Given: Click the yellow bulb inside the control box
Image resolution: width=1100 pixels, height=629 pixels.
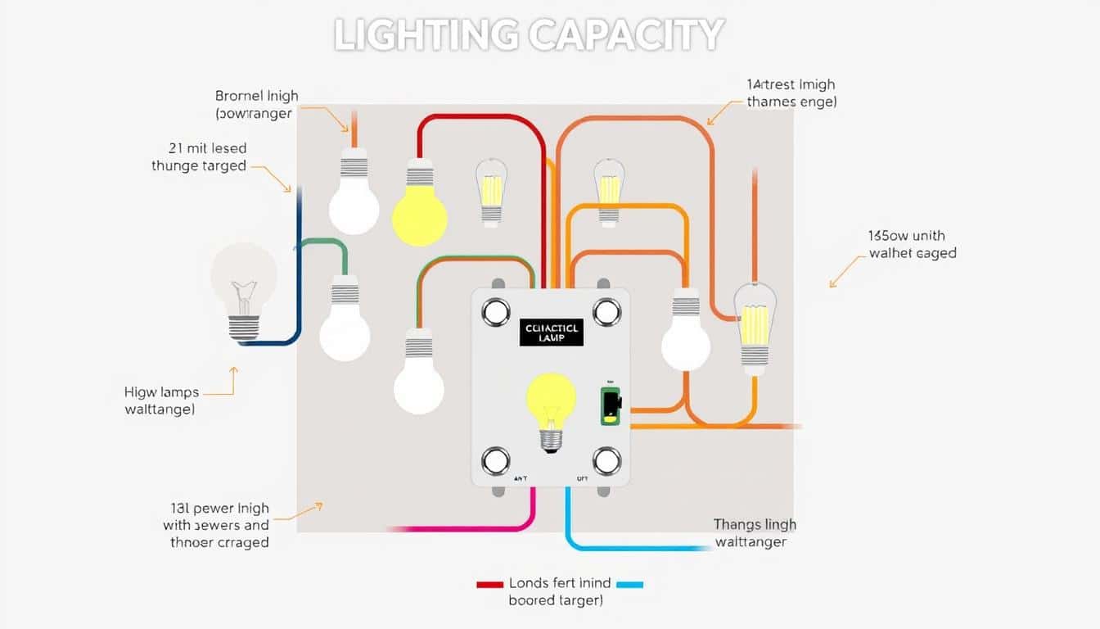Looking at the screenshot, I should pyautogui.click(x=551, y=398).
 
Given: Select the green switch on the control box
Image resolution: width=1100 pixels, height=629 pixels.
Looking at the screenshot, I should pyautogui.click(x=610, y=405).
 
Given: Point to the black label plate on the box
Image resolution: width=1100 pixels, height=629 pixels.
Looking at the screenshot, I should pyautogui.click(x=551, y=332).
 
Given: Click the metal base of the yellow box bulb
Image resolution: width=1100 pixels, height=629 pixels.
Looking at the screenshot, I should pyautogui.click(x=551, y=440).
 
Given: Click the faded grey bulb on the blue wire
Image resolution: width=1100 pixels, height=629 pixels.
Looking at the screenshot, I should pyautogui.click(x=243, y=283).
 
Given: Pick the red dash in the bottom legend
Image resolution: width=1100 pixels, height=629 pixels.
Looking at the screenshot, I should pyautogui.click(x=489, y=585).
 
